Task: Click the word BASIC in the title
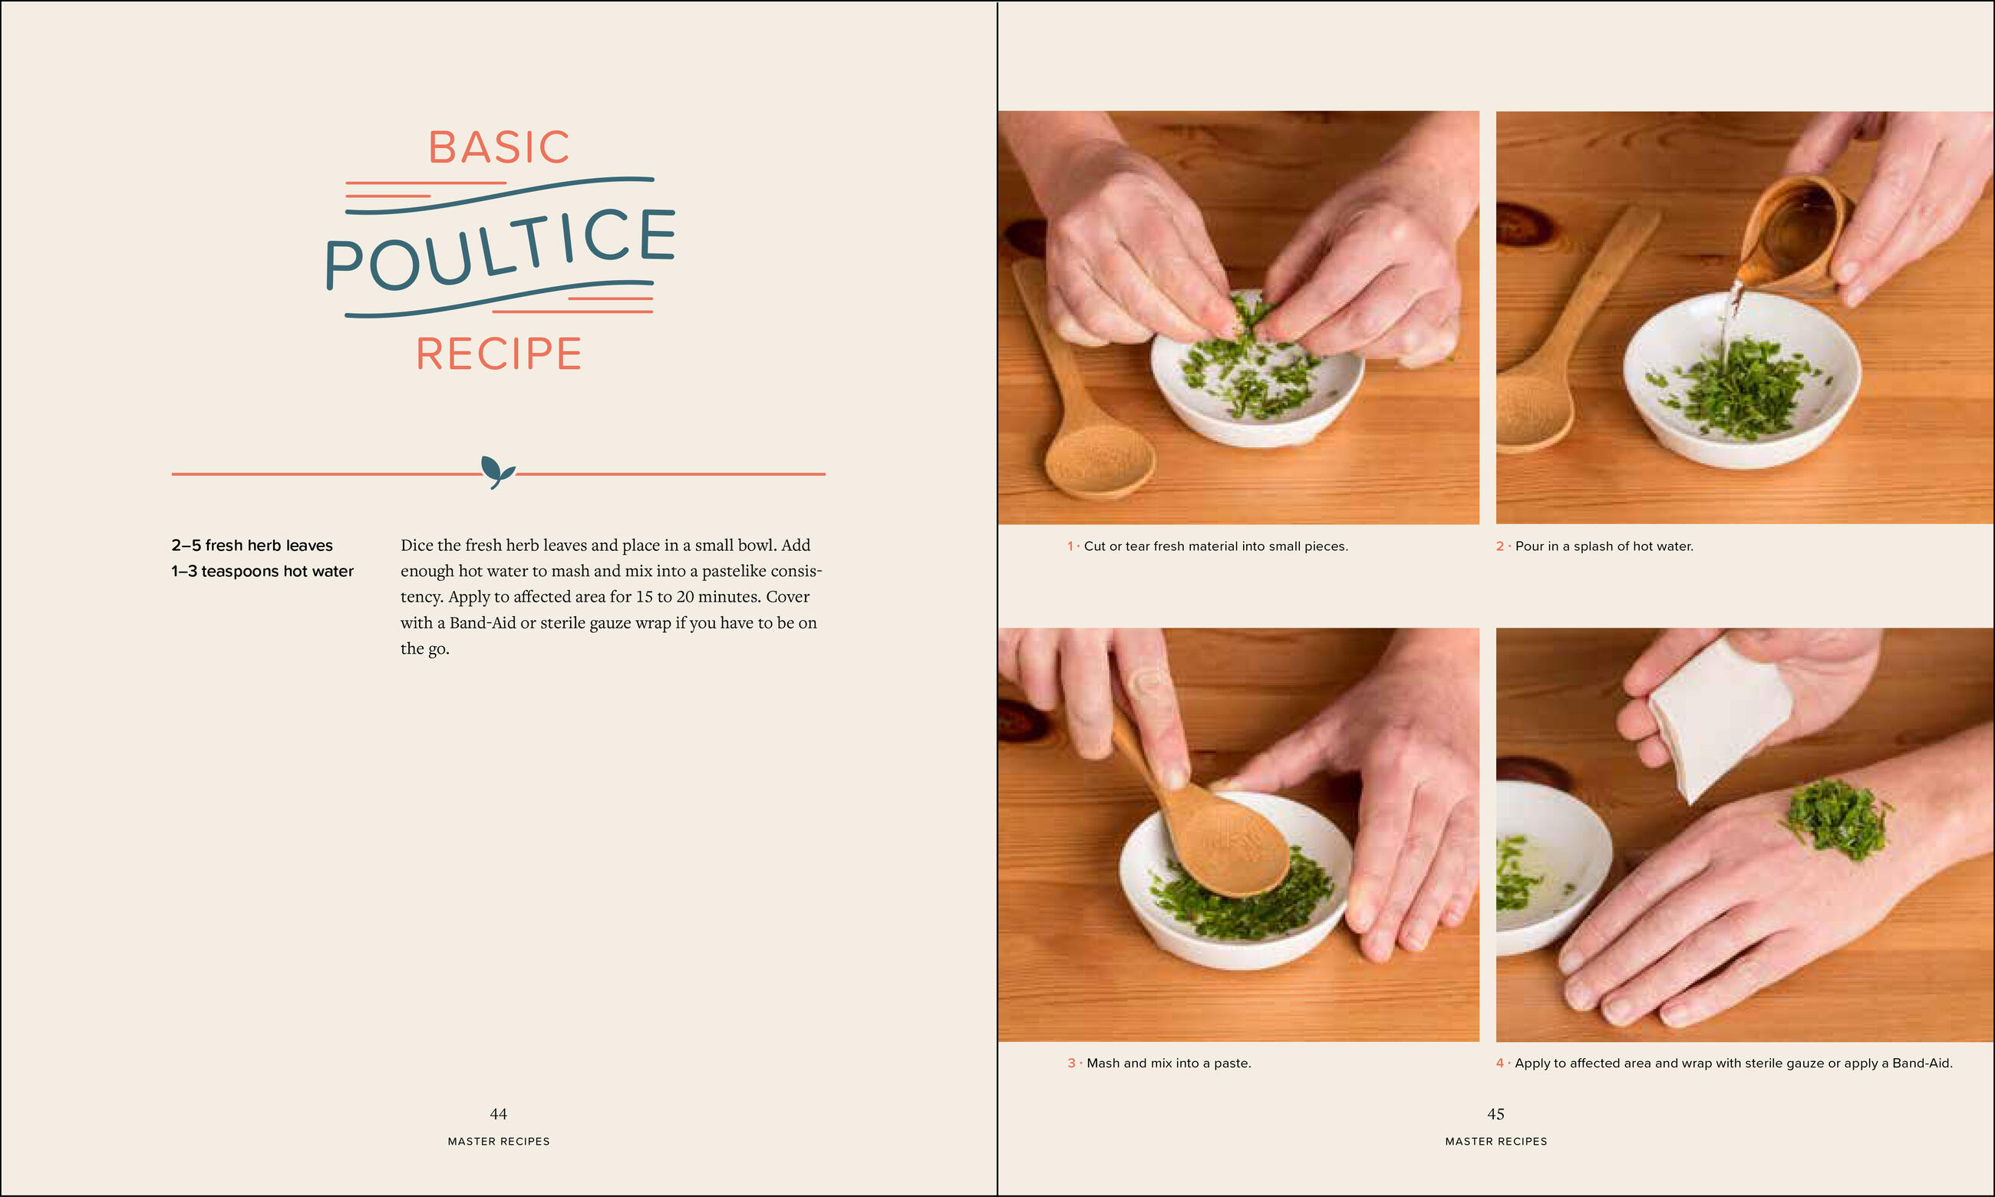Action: click(x=500, y=147)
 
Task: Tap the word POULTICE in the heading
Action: click(x=500, y=249)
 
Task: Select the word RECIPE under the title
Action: click(x=500, y=354)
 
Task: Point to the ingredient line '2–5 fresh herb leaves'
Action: click(x=252, y=546)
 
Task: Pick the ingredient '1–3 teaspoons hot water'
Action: click(x=262, y=571)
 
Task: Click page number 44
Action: click(x=498, y=1114)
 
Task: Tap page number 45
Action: click(x=1495, y=1114)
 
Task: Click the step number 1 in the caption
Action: click(x=1070, y=546)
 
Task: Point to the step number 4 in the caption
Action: click(x=1500, y=1063)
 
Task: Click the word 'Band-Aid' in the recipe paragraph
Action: click(x=482, y=623)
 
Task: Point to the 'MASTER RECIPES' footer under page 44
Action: click(x=498, y=1141)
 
